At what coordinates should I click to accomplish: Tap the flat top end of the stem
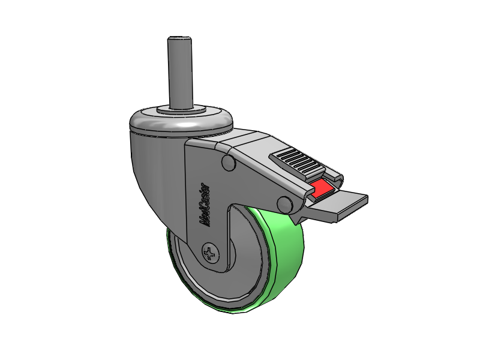pos(179,38)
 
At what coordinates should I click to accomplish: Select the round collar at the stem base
pos(181,109)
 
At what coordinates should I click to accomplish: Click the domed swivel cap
pos(181,121)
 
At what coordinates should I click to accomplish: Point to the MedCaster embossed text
pos(204,205)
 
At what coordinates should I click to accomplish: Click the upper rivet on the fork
pos(229,162)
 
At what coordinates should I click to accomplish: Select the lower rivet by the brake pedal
pos(284,204)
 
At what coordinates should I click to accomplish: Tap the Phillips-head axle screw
pos(211,253)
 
